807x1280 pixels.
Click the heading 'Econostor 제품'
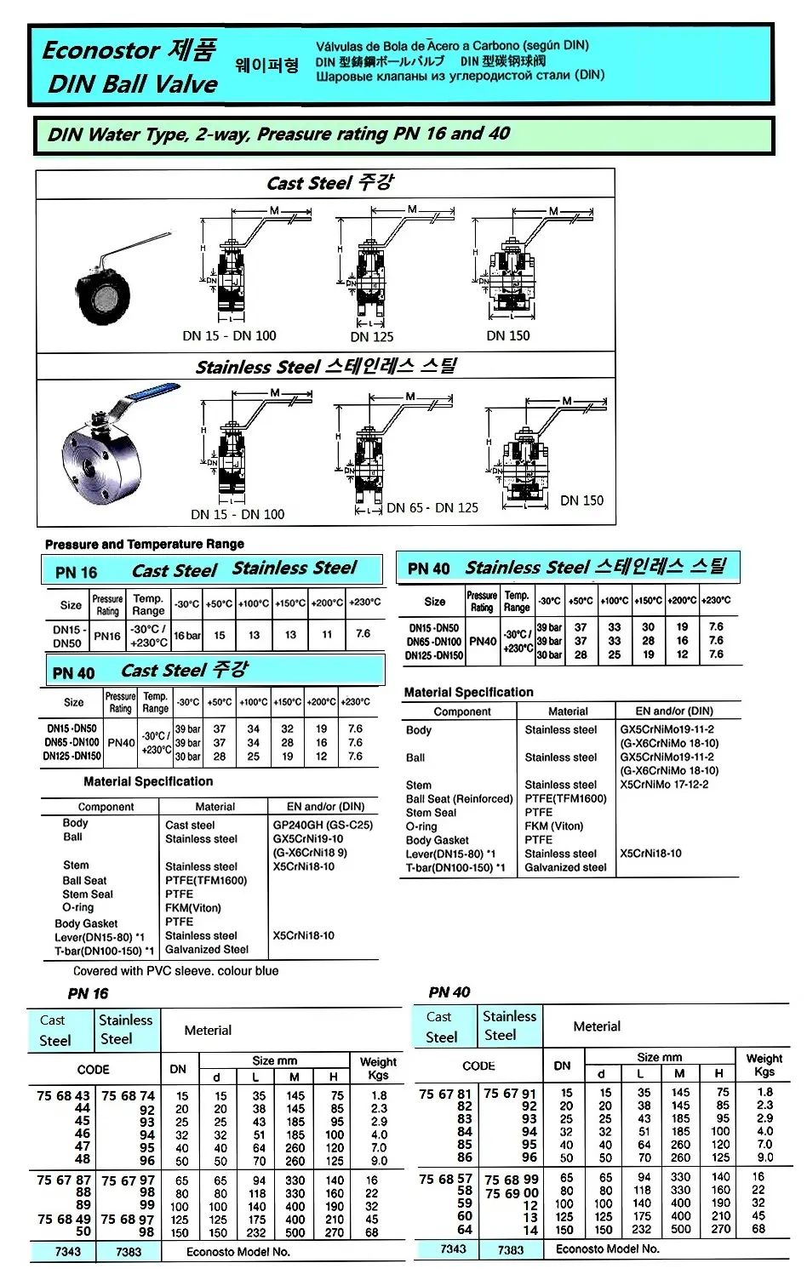129,50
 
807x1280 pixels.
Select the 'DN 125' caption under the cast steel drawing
372,337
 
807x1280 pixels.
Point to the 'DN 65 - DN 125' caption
432,508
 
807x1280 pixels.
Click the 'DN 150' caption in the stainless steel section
581,500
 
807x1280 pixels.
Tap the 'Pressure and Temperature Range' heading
145,544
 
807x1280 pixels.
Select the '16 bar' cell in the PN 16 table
187,635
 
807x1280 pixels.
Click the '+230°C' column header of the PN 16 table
365,603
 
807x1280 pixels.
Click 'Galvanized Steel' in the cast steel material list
207,950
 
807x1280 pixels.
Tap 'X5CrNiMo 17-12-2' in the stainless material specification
664,785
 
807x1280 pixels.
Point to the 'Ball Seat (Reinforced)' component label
460,799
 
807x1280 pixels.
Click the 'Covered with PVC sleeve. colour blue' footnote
175,971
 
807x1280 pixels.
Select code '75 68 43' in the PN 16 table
63,1096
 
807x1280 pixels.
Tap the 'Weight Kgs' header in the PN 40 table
764,1065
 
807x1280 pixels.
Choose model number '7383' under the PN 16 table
129,1252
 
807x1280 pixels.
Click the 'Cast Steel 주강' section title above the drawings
329,183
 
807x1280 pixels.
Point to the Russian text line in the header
460,76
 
